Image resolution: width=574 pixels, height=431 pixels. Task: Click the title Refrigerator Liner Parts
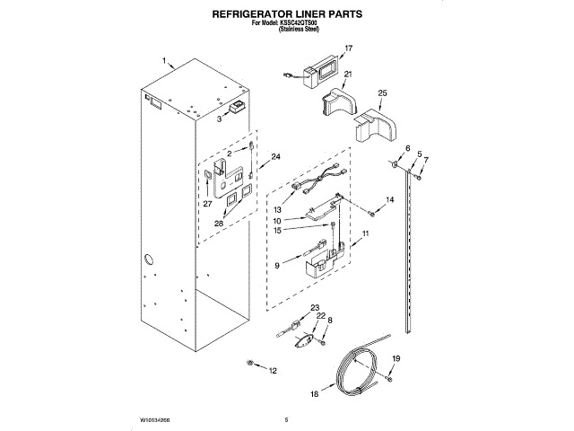286,15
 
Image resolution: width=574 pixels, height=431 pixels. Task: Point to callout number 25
382,93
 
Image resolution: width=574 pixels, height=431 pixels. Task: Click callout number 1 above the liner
165,61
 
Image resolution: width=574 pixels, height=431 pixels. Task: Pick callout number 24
275,157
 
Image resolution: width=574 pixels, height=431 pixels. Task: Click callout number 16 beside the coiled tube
314,393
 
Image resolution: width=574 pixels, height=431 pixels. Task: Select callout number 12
274,370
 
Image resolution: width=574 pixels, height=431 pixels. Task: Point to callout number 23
314,308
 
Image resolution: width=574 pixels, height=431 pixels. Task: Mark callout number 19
396,359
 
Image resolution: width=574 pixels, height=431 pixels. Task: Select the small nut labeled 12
252,363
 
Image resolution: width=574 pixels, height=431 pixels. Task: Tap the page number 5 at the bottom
285,419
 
